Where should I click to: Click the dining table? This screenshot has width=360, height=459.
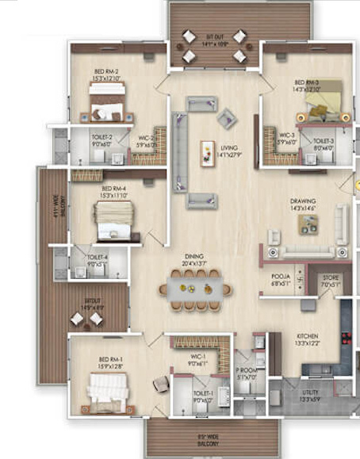(x=194, y=285)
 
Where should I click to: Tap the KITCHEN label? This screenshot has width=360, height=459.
(x=308, y=339)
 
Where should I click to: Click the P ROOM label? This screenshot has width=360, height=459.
(x=245, y=374)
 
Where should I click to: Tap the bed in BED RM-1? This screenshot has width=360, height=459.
(x=105, y=391)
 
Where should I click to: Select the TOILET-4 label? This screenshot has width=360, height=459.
(x=97, y=260)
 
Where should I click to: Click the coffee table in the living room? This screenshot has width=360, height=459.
(x=208, y=150)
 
